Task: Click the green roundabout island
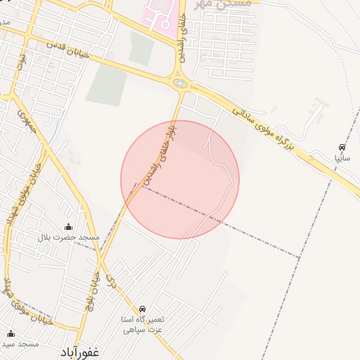tap(181, 84)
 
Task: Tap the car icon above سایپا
tap(342, 148)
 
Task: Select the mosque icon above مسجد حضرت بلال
tap(68, 226)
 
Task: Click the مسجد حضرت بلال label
tap(69, 238)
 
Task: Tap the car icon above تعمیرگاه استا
tap(143, 309)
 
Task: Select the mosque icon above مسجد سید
tap(11, 333)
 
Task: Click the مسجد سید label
tap(20, 344)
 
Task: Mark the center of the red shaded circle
tap(180, 180)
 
